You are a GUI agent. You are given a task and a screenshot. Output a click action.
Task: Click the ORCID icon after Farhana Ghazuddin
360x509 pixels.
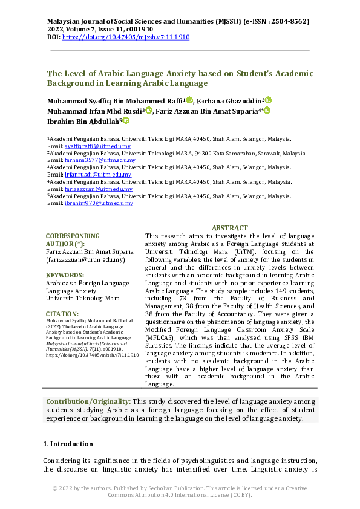(268, 100)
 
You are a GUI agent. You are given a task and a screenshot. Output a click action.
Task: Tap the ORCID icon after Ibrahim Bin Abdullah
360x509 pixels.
(126, 121)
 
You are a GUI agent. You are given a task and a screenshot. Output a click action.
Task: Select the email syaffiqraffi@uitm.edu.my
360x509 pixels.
(89, 146)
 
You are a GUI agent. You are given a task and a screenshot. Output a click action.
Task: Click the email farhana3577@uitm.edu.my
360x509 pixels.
(90, 161)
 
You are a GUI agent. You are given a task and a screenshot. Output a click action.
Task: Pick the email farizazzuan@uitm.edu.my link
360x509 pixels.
(90, 189)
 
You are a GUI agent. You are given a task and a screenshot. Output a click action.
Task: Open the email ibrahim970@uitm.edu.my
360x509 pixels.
(90, 203)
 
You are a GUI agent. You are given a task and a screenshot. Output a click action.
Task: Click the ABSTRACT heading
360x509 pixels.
(229, 228)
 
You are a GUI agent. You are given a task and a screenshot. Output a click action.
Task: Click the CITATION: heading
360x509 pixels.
(62, 314)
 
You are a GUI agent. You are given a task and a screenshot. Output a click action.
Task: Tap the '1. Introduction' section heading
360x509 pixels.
(68, 444)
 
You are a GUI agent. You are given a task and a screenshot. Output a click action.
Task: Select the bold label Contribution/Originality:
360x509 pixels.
(88, 401)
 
